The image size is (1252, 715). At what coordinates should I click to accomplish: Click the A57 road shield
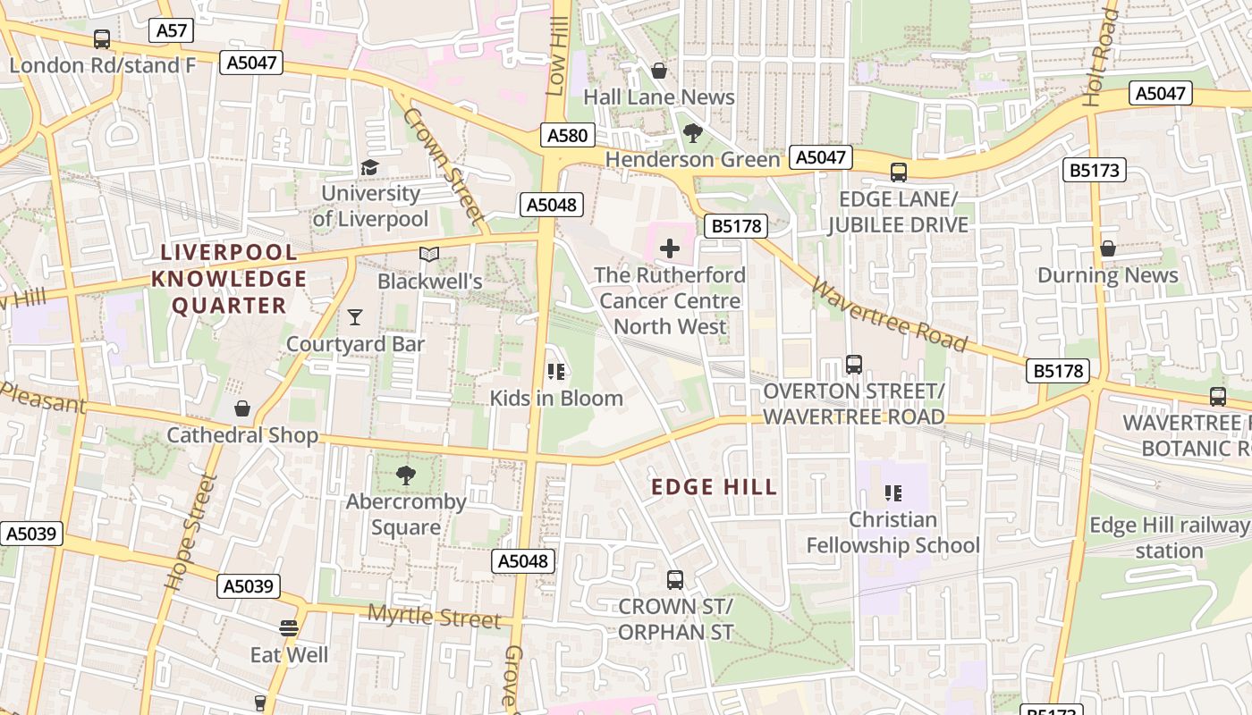tap(171, 30)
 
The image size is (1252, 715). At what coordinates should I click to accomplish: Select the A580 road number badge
tap(567, 135)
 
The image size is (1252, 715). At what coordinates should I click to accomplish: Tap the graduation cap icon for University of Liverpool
tap(369, 167)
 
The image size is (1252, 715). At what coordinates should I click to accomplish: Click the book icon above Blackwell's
tap(429, 255)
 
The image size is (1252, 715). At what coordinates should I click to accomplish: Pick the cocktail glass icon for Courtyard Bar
tap(355, 316)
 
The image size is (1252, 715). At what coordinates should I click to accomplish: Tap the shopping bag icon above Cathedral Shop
tap(242, 408)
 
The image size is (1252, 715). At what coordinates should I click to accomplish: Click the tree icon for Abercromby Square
tap(406, 475)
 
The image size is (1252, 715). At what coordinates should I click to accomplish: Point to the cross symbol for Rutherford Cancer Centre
tap(669, 248)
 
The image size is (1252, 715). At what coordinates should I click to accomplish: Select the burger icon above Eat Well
tap(288, 627)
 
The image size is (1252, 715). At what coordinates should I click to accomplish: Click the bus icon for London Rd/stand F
tap(102, 39)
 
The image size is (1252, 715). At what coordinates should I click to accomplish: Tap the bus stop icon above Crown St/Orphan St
tap(675, 579)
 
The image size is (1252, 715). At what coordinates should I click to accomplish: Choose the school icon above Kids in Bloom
tap(555, 371)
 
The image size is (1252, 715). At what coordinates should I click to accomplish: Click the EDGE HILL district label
tap(714, 487)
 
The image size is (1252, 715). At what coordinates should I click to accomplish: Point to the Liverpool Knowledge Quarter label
tap(229, 278)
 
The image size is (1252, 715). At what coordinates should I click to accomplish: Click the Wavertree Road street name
tap(889, 315)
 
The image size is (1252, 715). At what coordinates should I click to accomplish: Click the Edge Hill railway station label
tap(1168, 538)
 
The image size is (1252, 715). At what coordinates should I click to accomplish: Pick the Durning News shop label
tap(1107, 275)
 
